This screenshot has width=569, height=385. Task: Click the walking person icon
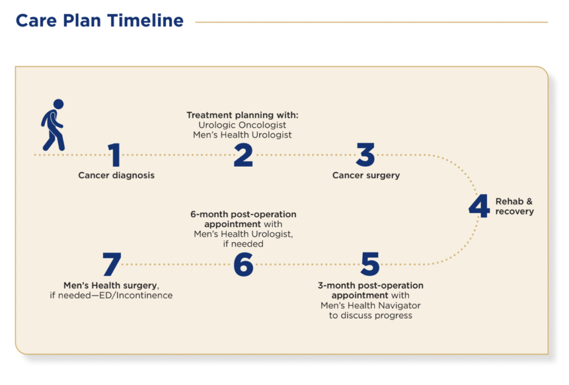(x=53, y=125)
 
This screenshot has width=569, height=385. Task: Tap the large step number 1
(x=114, y=155)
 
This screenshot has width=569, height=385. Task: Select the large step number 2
(x=243, y=155)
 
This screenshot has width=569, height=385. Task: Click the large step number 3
(x=366, y=155)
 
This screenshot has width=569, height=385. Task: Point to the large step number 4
(x=478, y=207)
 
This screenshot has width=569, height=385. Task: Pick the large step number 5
(x=370, y=264)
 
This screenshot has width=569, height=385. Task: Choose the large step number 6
(x=243, y=264)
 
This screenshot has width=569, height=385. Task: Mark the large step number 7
(x=112, y=264)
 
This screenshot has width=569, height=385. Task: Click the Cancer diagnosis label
(x=116, y=176)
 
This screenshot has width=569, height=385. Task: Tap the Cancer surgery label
(x=366, y=176)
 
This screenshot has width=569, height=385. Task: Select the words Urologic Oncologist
(x=242, y=125)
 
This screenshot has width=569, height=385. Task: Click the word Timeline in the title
(x=146, y=21)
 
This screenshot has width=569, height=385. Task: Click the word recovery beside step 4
(x=515, y=212)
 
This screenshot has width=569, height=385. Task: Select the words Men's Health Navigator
(x=370, y=306)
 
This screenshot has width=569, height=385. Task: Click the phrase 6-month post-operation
(x=243, y=214)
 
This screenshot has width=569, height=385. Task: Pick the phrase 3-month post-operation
(x=370, y=286)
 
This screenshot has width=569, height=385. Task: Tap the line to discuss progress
(x=370, y=316)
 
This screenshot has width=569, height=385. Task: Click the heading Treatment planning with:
(x=242, y=115)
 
